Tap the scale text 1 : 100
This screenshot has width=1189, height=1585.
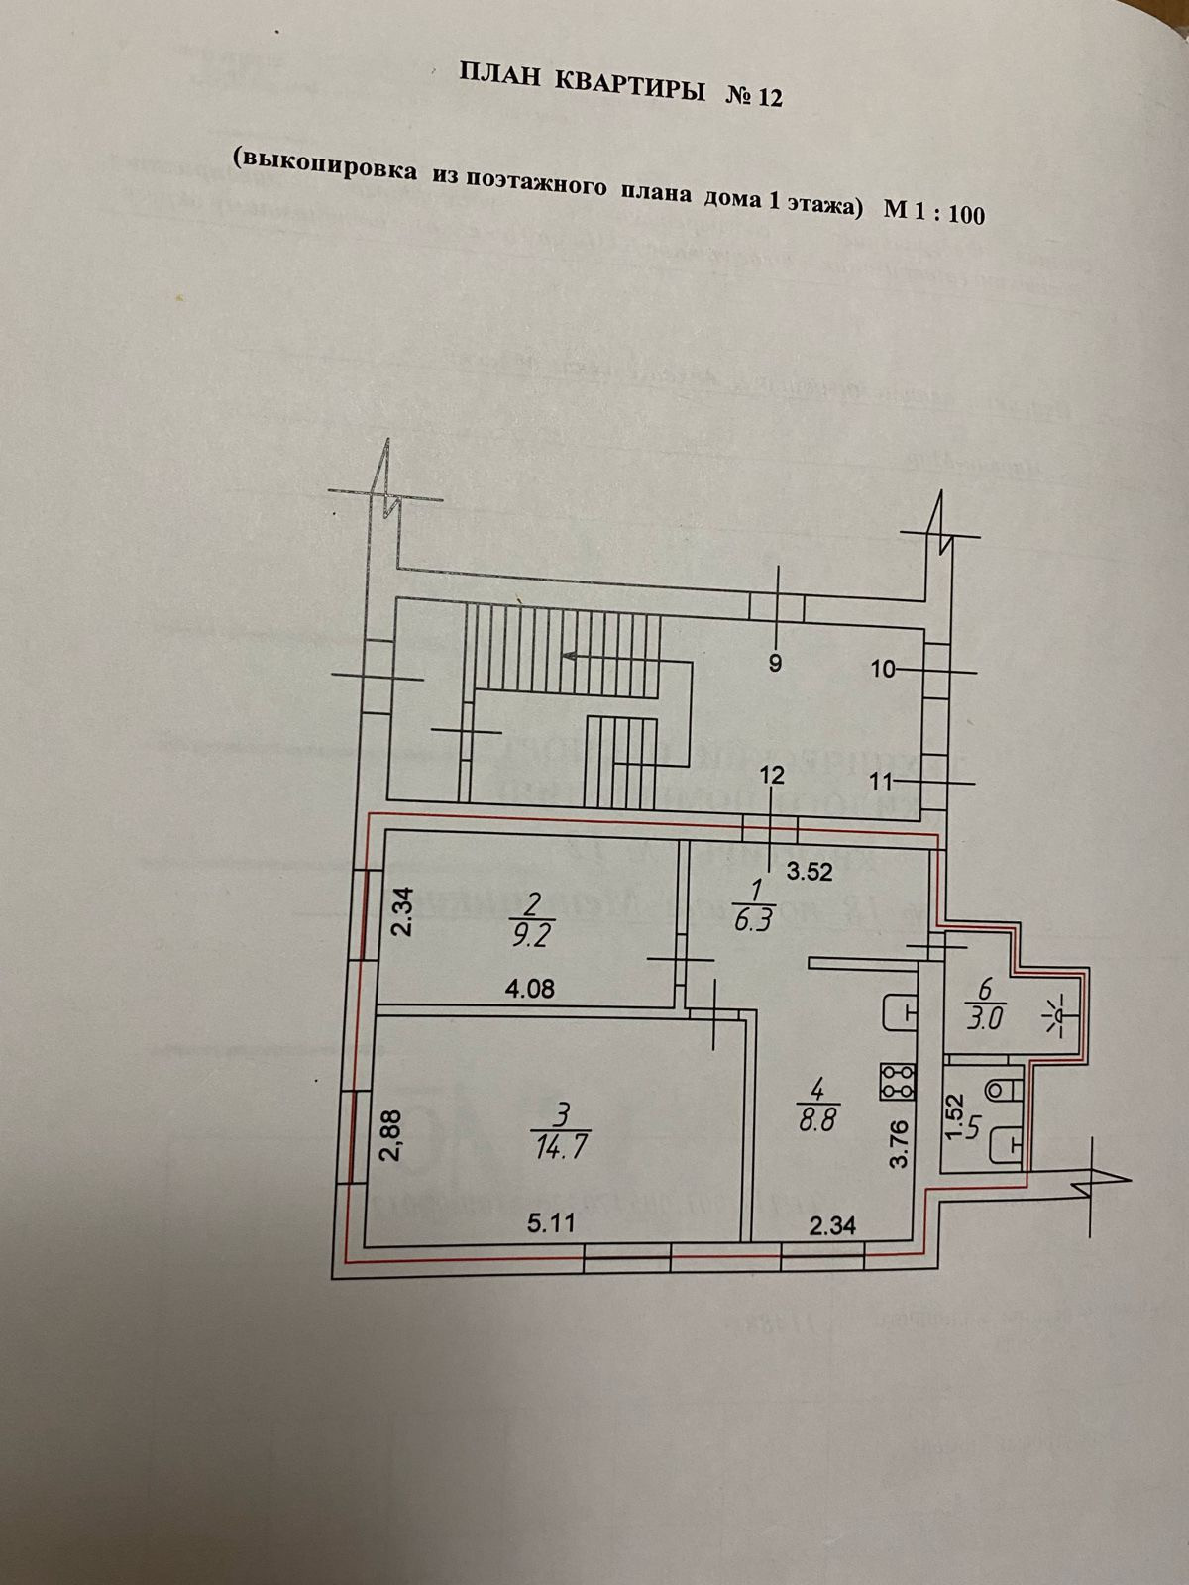coord(945,212)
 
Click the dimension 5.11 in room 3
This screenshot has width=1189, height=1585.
coord(551,1224)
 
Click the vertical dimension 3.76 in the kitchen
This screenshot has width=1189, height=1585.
coord(899,1144)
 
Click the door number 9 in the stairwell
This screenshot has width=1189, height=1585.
coord(776,664)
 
